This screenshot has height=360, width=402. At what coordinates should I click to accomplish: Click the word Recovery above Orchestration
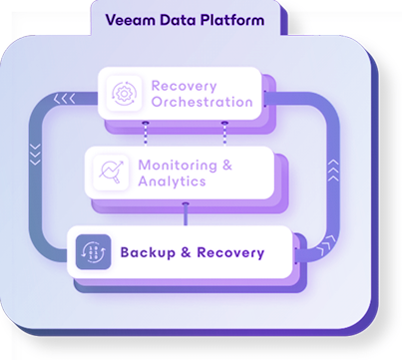pos(184,84)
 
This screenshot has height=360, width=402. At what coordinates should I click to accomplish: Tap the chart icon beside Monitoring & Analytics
pos(111,174)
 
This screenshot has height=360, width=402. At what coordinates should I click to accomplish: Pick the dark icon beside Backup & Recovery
pos(93,252)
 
